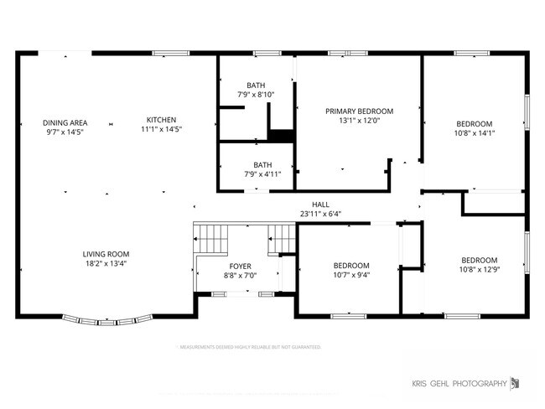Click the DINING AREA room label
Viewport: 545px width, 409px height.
(65, 120)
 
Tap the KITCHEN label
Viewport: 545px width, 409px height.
(162, 120)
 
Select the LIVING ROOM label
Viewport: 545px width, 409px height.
(106, 254)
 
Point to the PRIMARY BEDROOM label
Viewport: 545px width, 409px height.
(359, 111)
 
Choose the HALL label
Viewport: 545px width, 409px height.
(320, 204)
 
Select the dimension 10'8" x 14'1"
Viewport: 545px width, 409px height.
(474, 132)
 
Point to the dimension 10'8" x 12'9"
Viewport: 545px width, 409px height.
(479, 269)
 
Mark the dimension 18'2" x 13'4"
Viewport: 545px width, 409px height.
(106, 264)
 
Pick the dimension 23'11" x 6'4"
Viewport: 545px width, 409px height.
(320, 214)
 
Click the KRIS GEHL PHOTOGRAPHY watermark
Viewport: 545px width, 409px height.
(459, 384)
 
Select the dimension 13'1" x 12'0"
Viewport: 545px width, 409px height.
(359, 121)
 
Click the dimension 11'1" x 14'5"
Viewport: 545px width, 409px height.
(162, 130)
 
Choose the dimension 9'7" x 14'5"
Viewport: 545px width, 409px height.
(65, 131)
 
